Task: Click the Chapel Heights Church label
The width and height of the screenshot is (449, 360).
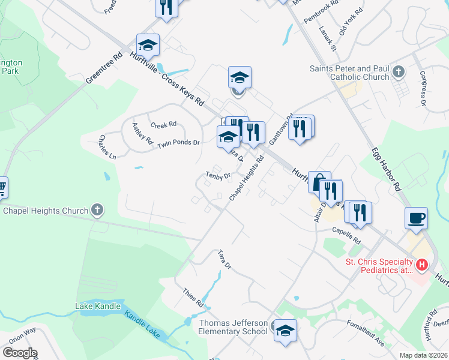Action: [46, 211]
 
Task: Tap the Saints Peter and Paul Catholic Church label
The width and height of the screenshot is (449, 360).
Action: [349, 73]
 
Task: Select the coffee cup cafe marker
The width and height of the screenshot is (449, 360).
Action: [416, 218]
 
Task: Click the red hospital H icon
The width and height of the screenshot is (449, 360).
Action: [422, 264]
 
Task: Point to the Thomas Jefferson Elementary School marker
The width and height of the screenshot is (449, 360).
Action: [285, 329]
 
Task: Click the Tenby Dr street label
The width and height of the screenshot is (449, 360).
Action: [218, 176]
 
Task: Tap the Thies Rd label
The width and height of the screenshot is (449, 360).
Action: [193, 296]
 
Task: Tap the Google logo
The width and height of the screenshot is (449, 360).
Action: [20, 353]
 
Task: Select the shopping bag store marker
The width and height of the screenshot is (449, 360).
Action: [319, 181]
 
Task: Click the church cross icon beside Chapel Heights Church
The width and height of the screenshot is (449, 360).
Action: [97, 211]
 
